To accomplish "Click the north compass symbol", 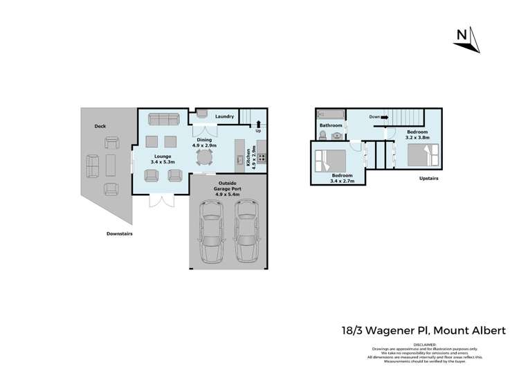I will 466,40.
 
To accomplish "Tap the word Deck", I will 100,126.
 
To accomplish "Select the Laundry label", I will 224,116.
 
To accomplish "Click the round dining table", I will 204,158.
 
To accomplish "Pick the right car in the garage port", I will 245,228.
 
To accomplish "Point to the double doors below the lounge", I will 161,201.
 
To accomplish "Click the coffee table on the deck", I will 111,165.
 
